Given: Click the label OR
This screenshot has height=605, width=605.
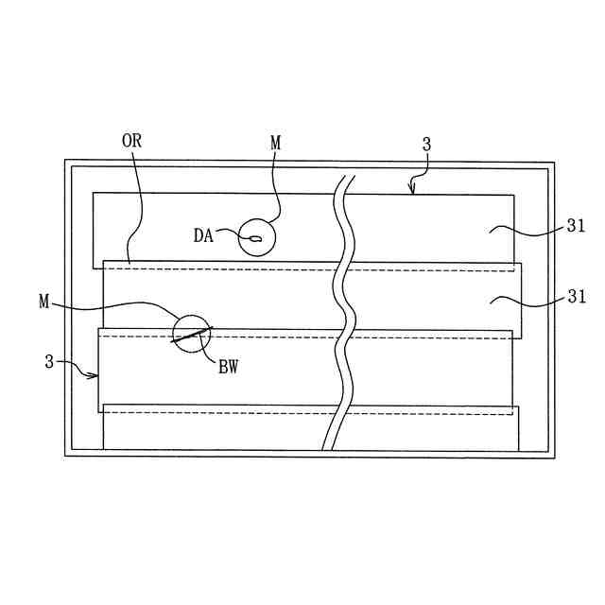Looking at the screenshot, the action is [131, 141].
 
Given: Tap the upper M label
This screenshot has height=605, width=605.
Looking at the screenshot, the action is [275, 144].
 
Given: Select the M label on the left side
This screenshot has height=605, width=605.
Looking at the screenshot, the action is [44, 302].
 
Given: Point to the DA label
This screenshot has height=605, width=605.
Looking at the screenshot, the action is [203, 236].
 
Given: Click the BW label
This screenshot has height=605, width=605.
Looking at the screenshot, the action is [228, 368].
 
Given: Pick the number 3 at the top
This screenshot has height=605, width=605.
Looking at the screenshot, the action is [426, 145].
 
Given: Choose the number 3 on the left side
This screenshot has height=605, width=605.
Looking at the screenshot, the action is [49, 361].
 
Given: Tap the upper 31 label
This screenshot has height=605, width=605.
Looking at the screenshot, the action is [576, 226].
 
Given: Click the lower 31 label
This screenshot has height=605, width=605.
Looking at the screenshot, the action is [576, 297].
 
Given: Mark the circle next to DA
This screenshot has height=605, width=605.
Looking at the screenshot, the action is [257, 237].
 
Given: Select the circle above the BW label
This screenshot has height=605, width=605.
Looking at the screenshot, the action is [192, 333].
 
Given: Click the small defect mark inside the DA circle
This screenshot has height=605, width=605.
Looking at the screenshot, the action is [255, 239].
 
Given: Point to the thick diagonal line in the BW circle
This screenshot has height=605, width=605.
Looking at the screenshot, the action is [192, 336].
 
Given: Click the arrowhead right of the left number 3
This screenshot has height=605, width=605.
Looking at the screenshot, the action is [95, 375].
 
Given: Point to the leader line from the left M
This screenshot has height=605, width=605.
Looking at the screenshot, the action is [123, 304].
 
